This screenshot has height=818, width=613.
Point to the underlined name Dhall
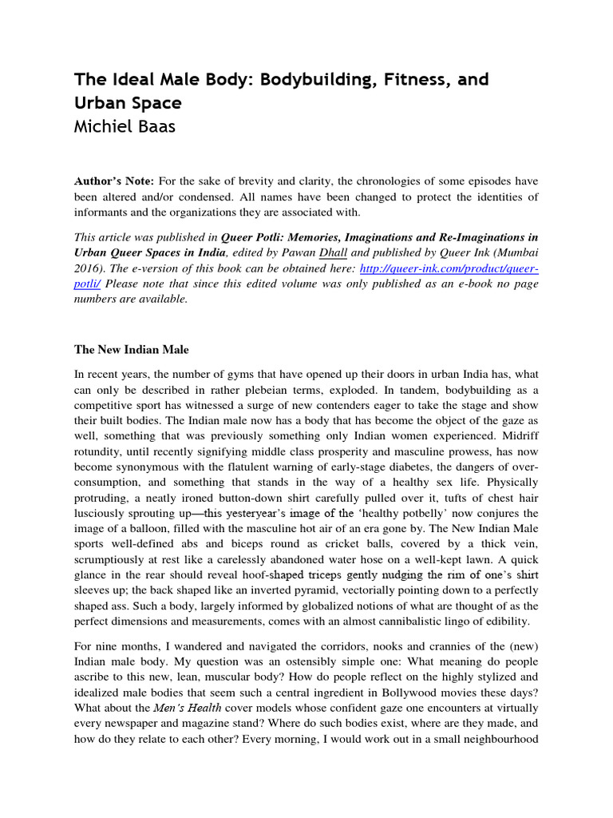point(333,254)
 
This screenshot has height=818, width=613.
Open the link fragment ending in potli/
point(89,284)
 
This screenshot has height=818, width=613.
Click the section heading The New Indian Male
point(131,349)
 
